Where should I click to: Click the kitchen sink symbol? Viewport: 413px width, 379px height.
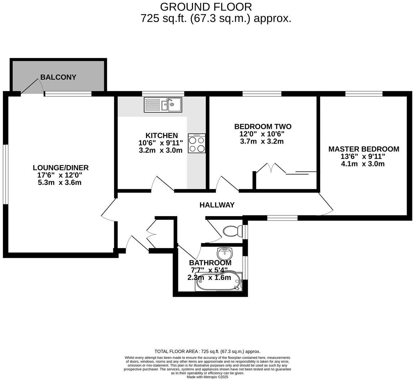tap(163, 105)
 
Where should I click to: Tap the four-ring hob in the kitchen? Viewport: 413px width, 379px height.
tap(197, 144)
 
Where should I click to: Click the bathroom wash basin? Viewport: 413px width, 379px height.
tap(225, 254)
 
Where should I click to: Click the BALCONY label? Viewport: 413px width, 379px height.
tap(58, 77)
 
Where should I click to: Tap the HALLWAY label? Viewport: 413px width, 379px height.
tap(217, 205)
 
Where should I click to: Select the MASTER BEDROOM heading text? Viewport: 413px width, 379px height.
tap(364, 149)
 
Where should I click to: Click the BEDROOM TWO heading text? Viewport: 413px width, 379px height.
tap(263, 126)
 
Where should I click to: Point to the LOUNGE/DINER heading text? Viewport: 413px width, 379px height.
tap(61, 168)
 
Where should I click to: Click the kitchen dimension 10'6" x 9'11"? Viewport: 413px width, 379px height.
tap(161, 143)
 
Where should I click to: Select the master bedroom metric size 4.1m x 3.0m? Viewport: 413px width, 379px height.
tap(363, 164)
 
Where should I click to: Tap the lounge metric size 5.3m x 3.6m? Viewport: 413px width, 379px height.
tap(59, 183)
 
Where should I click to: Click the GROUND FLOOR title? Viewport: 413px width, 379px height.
tap(206, 7)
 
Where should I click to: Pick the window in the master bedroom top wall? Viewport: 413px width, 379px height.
tap(364, 94)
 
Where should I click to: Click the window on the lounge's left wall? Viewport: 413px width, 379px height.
tap(5, 174)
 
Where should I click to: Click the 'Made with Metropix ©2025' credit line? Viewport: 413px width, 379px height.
tap(207, 377)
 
